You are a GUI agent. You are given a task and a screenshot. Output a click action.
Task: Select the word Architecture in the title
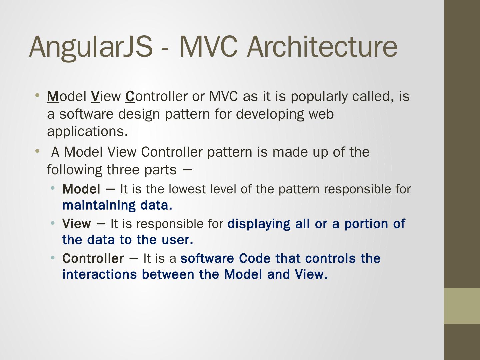[x=322, y=47]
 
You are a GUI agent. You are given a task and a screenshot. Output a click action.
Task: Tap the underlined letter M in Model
[x=53, y=96]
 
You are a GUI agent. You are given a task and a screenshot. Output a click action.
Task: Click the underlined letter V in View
[x=95, y=96]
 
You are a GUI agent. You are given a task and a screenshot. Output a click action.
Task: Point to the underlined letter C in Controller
[x=130, y=96]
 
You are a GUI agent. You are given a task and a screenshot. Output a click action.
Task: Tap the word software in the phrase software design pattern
[x=86, y=114]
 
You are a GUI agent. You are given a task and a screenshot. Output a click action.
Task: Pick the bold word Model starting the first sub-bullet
[x=81, y=189]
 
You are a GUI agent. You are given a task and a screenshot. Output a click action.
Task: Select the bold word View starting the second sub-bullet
[x=77, y=224]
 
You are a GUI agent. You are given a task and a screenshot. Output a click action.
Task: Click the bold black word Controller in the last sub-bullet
[x=93, y=258]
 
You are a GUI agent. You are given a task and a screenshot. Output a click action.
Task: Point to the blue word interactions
[x=100, y=275]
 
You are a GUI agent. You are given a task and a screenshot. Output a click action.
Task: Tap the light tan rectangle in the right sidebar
[x=462, y=306]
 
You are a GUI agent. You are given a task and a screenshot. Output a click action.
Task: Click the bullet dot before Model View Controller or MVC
[x=37, y=95]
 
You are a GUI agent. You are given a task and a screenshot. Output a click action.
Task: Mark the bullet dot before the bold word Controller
[x=53, y=258]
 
